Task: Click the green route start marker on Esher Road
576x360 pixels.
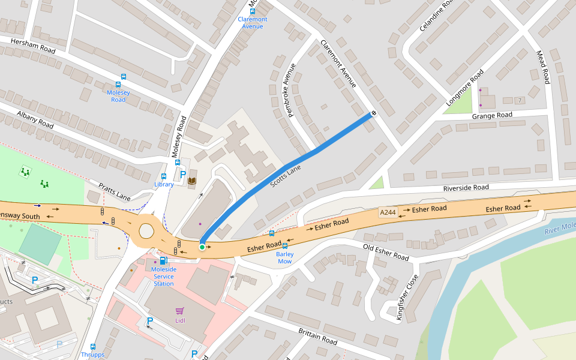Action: click(202, 247)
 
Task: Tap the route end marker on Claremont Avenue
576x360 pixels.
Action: click(374, 112)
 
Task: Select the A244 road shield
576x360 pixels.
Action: click(388, 212)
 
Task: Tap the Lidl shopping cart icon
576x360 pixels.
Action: click(179, 310)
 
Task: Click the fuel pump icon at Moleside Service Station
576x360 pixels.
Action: click(163, 260)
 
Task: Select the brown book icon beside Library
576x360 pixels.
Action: click(192, 180)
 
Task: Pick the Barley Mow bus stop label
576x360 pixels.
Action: click(284, 257)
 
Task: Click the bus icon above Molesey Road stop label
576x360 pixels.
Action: click(124, 77)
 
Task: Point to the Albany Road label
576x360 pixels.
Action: click(35, 119)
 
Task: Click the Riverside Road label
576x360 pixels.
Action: click(466, 188)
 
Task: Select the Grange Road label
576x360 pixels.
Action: click(492, 115)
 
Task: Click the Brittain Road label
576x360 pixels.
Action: click(317, 336)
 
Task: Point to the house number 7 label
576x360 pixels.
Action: click(520, 100)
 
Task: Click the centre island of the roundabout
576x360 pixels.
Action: click(147, 230)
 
